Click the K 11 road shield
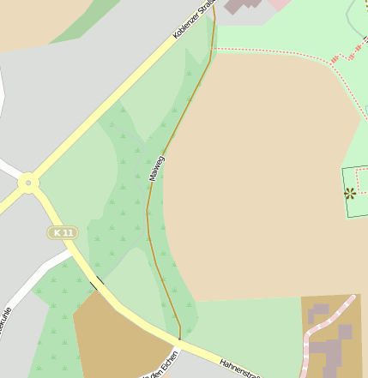click(x=63, y=232)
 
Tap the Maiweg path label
click(x=155, y=167)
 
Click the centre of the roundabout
click(x=28, y=183)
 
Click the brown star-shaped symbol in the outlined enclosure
click(x=350, y=194)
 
